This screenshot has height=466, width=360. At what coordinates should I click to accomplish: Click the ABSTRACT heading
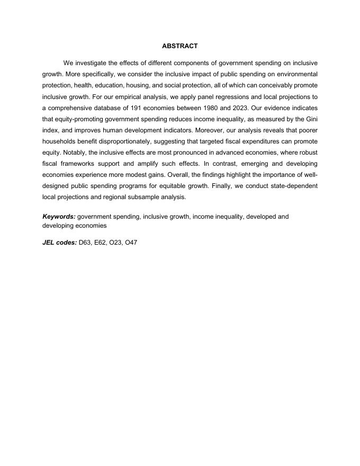coord(180,47)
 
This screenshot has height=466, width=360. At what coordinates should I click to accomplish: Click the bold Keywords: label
coord(59,217)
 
